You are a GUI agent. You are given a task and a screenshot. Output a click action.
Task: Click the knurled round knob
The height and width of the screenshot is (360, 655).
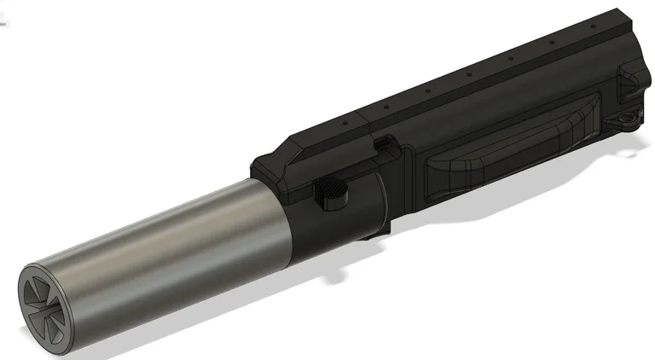[x=331, y=195]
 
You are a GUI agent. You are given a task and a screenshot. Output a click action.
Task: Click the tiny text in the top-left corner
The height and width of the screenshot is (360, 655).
[x=3, y=25]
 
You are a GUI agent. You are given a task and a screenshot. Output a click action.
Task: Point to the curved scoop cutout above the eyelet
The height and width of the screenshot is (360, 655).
[x=631, y=85]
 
